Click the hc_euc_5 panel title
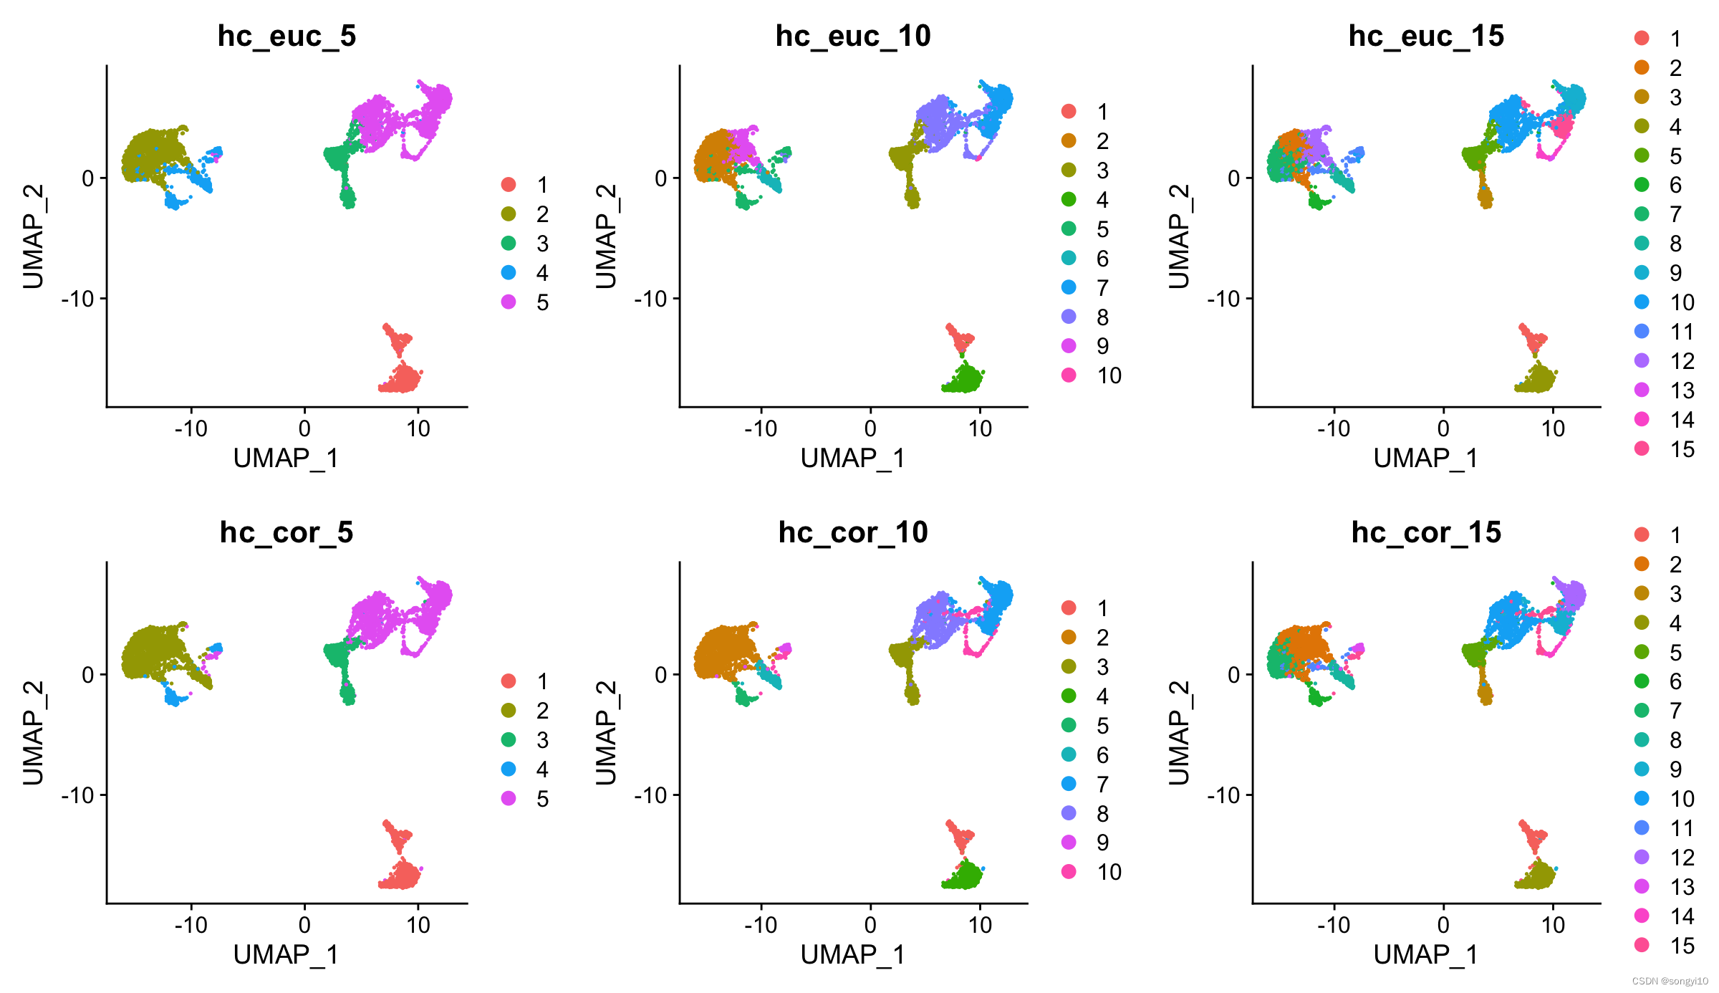[x=286, y=36]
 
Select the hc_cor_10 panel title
[x=853, y=532]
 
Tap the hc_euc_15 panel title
[x=1426, y=36]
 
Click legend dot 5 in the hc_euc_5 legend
[x=509, y=302]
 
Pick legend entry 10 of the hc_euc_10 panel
[x=1069, y=375]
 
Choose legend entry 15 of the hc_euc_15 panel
[x=1642, y=448]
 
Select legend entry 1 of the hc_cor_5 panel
[x=509, y=681]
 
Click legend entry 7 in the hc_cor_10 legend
[x=1069, y=784]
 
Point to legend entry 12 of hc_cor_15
[x=1642, y=857]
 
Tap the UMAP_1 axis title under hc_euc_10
[x=853, y=458]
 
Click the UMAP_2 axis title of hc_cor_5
[x=33, y=732]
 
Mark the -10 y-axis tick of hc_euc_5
[x=79, y=298]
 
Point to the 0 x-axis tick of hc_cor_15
[x=1443, y=925]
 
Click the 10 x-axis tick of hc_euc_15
[x=1553, y=428]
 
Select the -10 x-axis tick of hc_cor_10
[x=761, y=925]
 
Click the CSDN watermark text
[x=1670, y=981]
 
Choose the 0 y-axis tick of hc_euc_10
[x=661, y=178]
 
